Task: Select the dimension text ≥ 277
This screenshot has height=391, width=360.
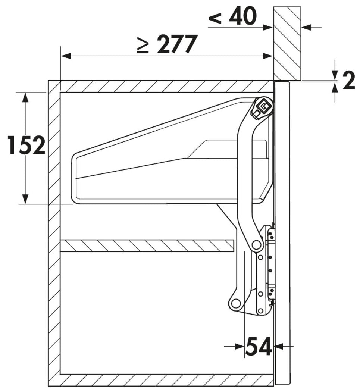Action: click(168, 44)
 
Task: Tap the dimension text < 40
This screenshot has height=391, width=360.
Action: click(233, 16)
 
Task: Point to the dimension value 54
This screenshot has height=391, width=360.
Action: click(259, 346)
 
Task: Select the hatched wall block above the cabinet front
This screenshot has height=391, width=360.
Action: click(287, 44)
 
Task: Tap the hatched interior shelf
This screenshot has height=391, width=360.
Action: click(147, 245)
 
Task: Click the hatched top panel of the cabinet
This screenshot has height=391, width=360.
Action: click(161, 86)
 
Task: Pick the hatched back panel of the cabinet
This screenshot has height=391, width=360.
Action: click(54, 233)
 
